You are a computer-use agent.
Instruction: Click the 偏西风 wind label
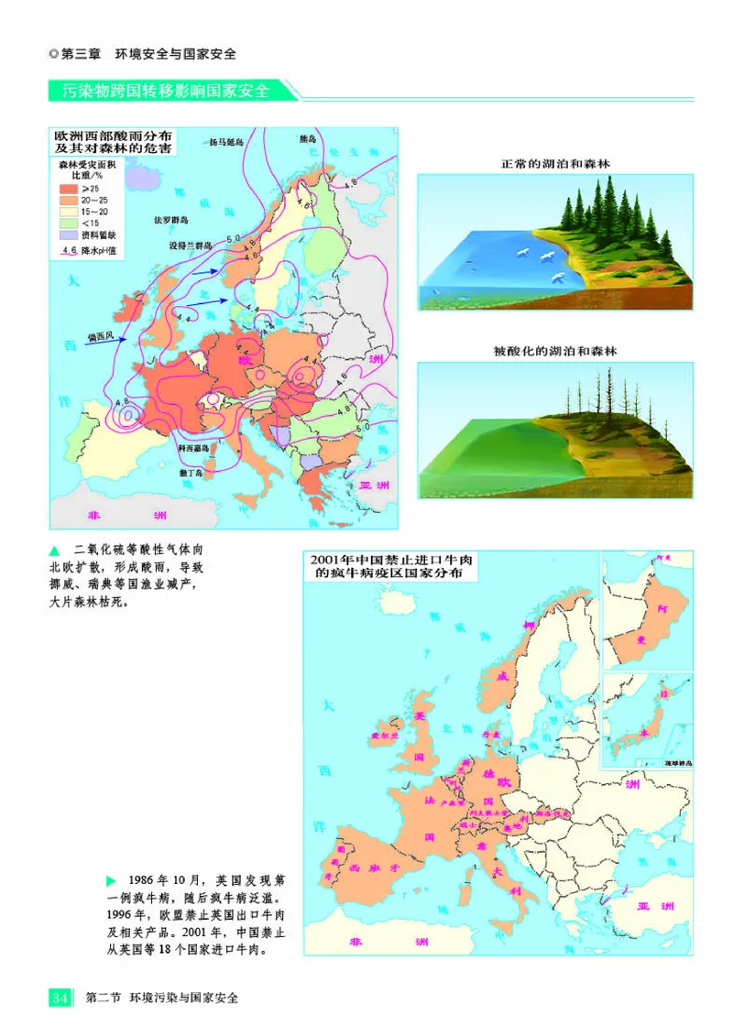100,336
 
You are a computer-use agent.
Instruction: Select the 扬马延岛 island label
226,143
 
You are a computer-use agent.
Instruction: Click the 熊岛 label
308,139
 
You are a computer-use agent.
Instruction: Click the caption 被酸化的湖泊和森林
555,351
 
